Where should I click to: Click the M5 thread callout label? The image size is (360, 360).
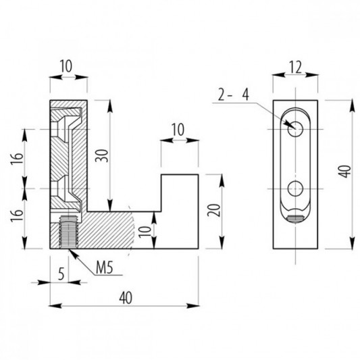coord(105,267)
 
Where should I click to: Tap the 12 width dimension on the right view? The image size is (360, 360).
coord(295,68)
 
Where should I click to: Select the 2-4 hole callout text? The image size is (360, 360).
coord(233,95)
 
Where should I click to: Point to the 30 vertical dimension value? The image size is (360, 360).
coord(101,156)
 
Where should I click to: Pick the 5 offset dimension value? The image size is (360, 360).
coord(61,274)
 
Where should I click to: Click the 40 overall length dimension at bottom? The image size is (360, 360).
coord(126,298)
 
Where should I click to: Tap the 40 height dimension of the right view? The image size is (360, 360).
coord(345,171)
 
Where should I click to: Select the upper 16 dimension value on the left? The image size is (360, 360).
coord(17,158)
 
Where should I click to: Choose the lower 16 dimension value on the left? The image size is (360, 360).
coord(17,215)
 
